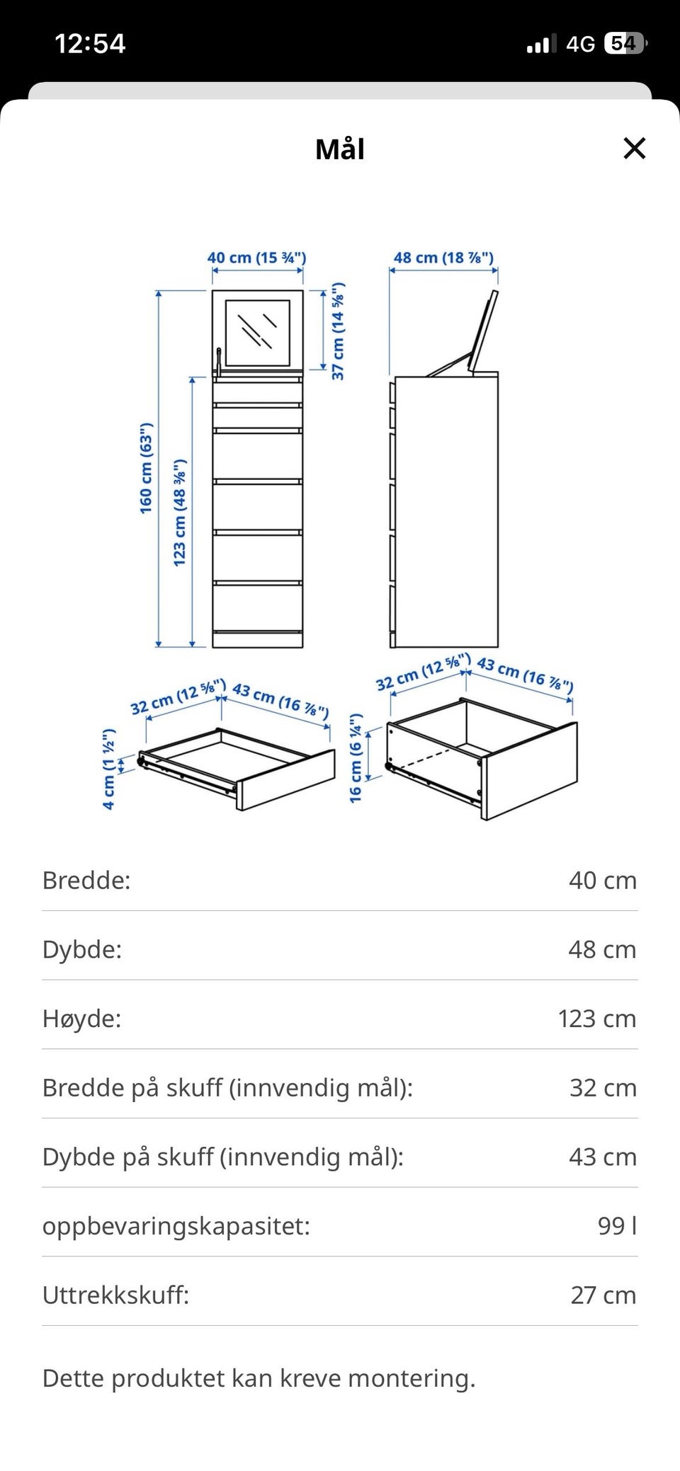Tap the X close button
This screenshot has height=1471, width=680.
pyautogui.click(x=634, y=149)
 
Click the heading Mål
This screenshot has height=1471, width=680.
pyautogui.click(x=340, y=149)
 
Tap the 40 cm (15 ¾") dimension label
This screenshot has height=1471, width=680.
pyautogui.click(x=256, y=258)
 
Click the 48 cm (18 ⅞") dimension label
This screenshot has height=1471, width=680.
pyautogui.click(x=443, y=258)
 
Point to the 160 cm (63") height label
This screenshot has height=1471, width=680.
pyautogui.click(x=146, y=469)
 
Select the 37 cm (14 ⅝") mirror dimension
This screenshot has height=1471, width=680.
pyautogui.click(x=339, y=331)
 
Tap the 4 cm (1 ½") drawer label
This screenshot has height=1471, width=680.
pyautogui.click(x=108, y=769)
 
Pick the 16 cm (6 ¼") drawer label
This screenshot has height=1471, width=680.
pyautogui.click(x=356, y=758)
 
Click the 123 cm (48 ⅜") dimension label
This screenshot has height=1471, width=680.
pyautogui.click(x=180, y=512)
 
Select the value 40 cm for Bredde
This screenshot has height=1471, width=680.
pyautogui.click(x=603, y=881)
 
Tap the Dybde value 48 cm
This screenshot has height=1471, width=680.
pyautogui.click(x=602, y=950)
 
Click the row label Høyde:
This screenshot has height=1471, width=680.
pyautogui.click(x=81, y=1019)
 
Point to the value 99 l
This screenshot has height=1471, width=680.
pyautogui.click(x=617, y=1226)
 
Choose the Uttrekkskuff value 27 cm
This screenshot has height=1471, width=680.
pyautogui.click(x=603, y=1295)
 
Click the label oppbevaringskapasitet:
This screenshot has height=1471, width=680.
pyautogui.click(x=176, y=1227)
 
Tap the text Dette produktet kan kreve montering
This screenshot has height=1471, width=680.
pyautogui.click(x=259, y=1378)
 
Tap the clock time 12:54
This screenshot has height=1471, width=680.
pyautogui.click(x=90, y=44)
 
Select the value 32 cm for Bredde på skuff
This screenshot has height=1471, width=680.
pyautogui.click(x=603, y=1088)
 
